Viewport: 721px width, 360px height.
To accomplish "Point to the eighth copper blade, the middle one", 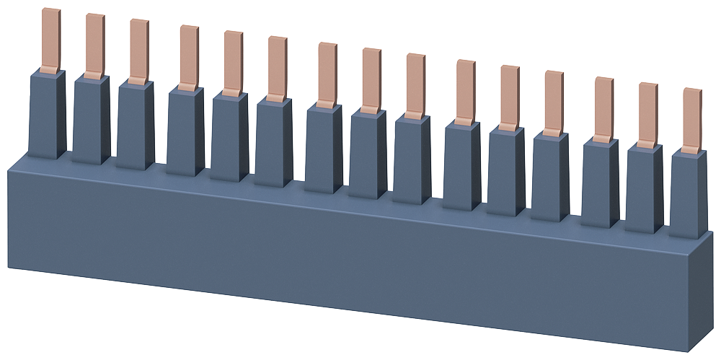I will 371,80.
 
